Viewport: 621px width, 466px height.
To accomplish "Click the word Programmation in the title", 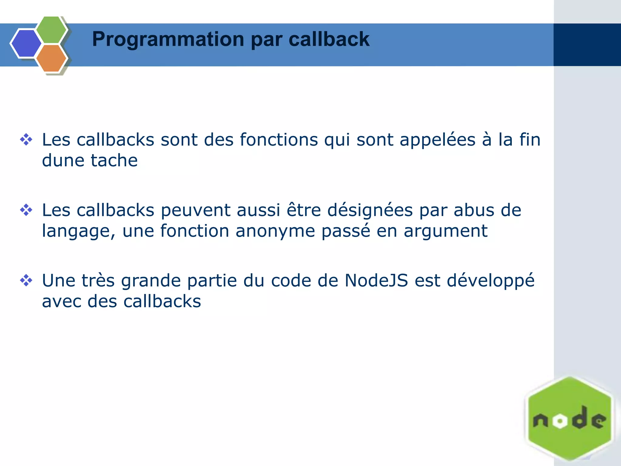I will point(168,39).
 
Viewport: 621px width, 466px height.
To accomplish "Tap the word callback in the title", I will point(329,39).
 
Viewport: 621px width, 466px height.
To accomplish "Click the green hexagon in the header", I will point(52,30).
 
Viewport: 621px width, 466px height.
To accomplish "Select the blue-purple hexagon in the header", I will point(26,43).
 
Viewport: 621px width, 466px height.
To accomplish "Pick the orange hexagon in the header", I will point(52,58).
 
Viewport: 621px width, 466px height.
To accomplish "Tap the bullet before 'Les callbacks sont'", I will point(26,140).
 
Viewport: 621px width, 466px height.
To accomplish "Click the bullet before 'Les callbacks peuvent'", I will point(26,210).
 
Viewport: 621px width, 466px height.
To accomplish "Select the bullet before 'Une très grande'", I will point(26,280).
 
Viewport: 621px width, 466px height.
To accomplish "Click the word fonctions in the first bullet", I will point(279,140).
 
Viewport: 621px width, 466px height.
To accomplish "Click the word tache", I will point(114,160).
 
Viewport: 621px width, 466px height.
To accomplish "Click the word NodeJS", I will point(376,281).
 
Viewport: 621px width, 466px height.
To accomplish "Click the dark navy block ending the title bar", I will point(587,45).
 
